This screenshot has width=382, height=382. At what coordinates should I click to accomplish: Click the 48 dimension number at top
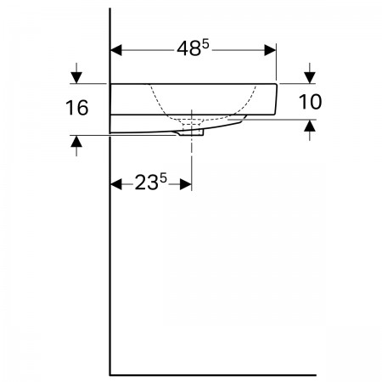(x=189, y=48)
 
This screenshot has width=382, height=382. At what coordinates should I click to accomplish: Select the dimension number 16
(x=77, y=108)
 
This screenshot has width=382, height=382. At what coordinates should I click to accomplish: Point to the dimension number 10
(x=310, y=102)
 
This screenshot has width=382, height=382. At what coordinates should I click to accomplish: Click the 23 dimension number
(x=146, y=183)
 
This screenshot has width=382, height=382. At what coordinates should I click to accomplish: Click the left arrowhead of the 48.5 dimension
(x=116, y=50)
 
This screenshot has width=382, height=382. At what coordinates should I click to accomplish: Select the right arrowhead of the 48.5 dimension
(x=270, y=50)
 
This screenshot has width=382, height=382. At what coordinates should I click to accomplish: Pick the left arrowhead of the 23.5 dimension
(x=116, y=184)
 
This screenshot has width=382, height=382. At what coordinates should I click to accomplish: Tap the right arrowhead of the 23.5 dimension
(x=186, y=184)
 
